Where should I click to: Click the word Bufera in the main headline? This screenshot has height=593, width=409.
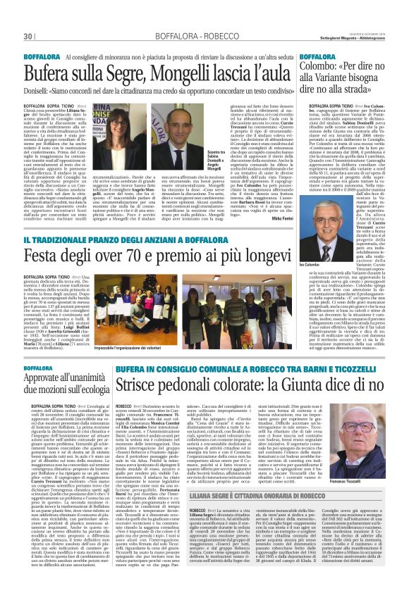(x=47, y=73)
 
